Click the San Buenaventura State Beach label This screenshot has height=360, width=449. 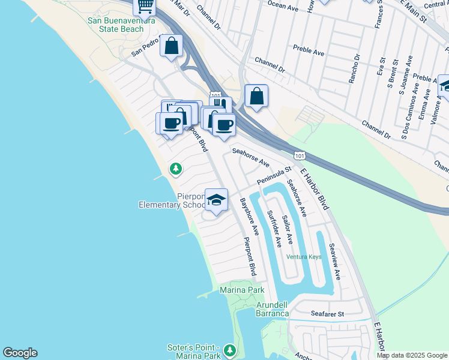(116, 25)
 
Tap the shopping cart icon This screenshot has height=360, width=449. (145, 6)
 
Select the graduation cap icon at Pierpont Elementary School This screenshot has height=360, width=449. (216, 200)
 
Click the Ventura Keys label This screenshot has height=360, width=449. (304, 257)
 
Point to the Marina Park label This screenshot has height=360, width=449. (243, 290)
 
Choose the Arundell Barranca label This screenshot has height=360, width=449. (272, 309)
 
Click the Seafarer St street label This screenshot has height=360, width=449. (327, 314)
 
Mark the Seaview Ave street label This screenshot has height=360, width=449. (334, 262)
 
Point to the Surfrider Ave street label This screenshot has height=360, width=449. (274, 229)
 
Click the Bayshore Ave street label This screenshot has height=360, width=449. (249, 216)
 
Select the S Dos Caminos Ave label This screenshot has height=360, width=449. (407, 115)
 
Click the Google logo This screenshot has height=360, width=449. (20, 353)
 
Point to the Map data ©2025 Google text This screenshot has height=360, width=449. (412, 355)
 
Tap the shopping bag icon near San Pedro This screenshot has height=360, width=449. (171, 46)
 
